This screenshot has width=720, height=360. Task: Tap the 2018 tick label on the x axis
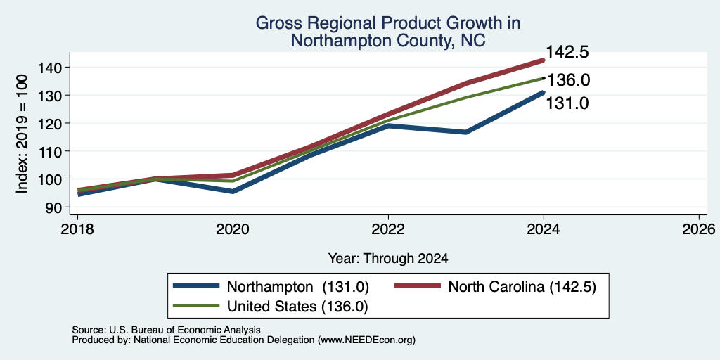tap(77, 229)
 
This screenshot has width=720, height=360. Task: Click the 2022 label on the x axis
tap(388, 229)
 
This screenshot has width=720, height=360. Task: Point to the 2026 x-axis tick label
tap(699, 229)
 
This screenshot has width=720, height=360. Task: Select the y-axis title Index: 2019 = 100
tap(22, 134)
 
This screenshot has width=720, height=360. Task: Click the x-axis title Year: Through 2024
tap(388, 259)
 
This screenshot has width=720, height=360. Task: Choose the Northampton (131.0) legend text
tap(298, 287)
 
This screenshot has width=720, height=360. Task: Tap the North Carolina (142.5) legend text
tap(522, 287)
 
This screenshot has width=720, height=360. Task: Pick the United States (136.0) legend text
tap(297, 306)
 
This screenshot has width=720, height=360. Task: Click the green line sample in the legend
tap(196, 306)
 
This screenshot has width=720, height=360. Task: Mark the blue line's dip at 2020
tap(233, 191)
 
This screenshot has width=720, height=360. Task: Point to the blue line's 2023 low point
tap(466, 132)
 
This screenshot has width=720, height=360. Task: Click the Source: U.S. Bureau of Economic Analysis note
tap(166, 330)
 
